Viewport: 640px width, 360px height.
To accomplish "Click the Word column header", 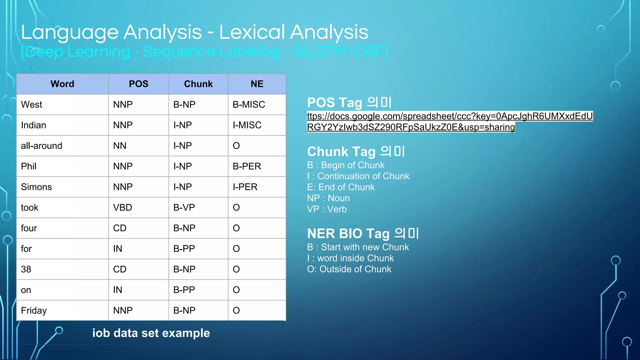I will [62, 84].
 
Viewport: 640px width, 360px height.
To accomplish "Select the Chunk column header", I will [198, 84].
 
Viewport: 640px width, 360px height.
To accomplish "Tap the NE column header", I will [257, 84].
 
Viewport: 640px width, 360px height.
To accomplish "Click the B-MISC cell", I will [249, 104].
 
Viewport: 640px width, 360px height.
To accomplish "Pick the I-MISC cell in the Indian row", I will [247, 125].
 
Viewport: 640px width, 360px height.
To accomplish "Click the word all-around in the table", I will [42, 146].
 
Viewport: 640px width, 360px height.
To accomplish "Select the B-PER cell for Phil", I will [247, 166].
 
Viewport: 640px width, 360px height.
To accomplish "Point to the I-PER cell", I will [245, 187].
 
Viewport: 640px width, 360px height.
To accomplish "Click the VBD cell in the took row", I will [122, 207].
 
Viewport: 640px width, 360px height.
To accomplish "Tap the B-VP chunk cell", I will [184, 207].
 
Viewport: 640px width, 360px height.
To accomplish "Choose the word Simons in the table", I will [36, 187].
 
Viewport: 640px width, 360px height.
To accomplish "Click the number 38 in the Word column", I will [26, 269].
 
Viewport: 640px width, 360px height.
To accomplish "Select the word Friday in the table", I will [34, 311].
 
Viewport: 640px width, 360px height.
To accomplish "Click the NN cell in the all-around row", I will [120, 146].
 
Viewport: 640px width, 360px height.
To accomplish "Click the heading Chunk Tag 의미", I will [356, 152].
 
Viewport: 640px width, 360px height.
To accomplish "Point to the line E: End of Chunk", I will [341, 187].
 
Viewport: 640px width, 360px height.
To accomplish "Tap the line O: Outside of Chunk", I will [349, 269].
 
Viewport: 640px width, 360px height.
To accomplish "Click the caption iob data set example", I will [151, 333].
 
